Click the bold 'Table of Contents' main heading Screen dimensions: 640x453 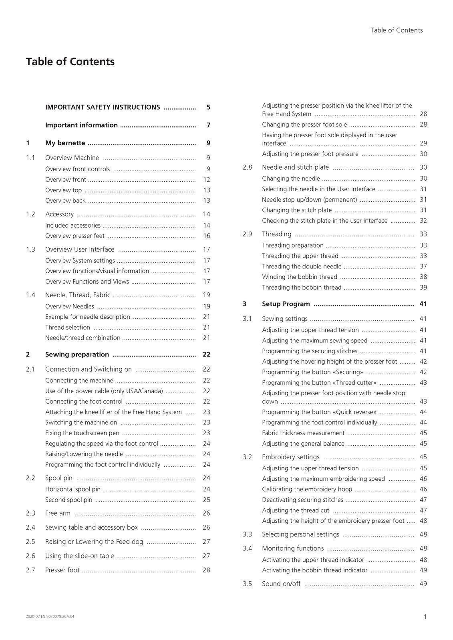point(70,62)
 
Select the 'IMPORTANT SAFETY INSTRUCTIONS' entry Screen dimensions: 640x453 point(103,107)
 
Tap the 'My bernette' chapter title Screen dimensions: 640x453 point(65,143)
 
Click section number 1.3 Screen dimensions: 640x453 point(30,249)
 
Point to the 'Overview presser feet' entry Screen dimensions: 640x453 point(75,236)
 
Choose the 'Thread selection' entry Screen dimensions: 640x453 point(68,327)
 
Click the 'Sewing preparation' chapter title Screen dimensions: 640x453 point(77,354)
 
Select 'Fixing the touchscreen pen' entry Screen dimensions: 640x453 point(82,433)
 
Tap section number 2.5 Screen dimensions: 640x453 point(30,542)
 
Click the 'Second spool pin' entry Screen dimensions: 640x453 point(68,500)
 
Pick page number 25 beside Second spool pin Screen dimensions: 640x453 point(206,500)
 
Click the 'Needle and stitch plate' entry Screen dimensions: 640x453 point(295,167)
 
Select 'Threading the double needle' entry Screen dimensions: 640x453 point(302,266)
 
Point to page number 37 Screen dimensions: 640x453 point(423,266)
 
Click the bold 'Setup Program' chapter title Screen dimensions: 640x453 point(286,304)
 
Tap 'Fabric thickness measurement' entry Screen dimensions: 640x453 point(303,433)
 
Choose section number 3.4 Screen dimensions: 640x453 point(247,548)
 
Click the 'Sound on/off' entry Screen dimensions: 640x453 point(281,584)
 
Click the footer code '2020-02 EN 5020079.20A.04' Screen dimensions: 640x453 point(50,616)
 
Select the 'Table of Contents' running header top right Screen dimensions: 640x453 point(396,30)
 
